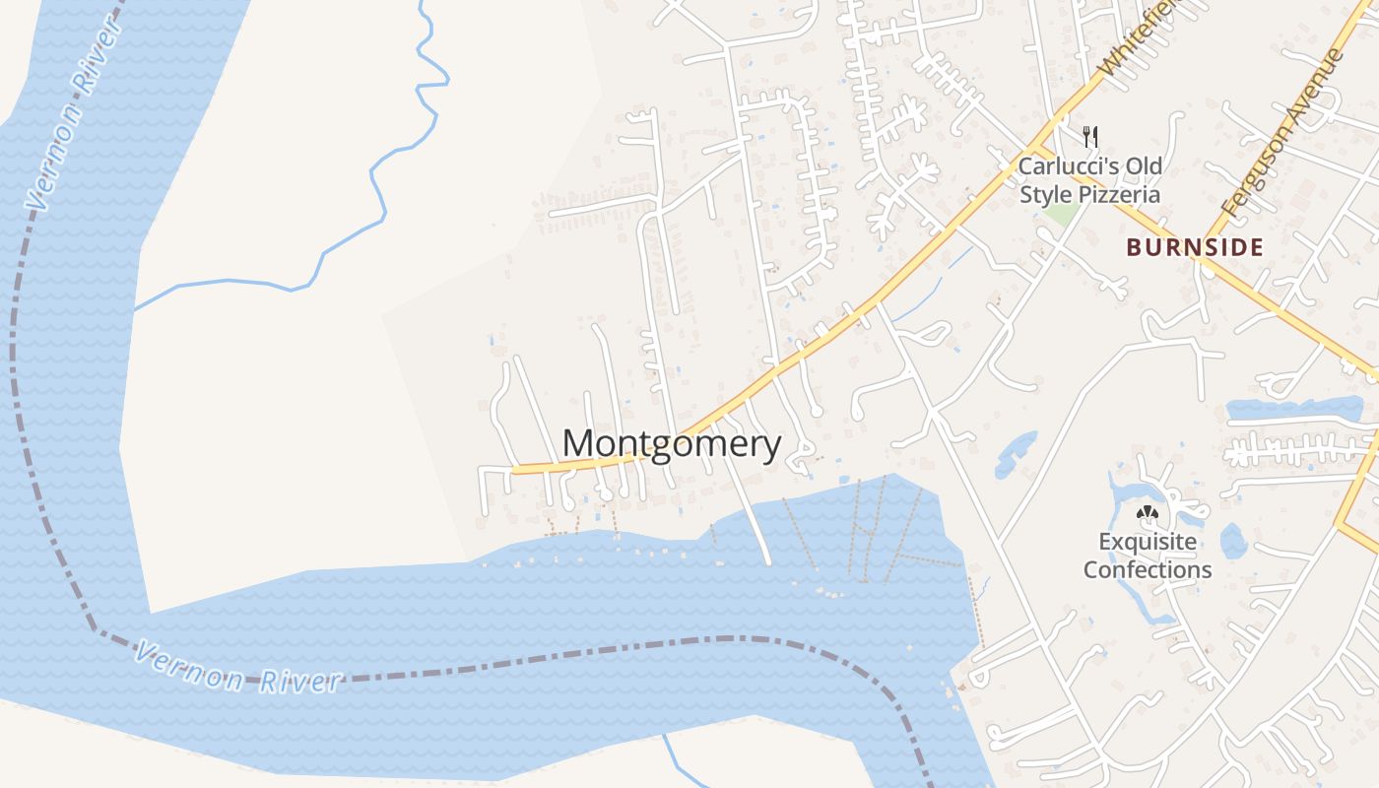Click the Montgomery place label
point(672,444)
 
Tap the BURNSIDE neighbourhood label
point(1195,247)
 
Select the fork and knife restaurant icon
point(1089,136)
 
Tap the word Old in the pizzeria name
point(1146,166)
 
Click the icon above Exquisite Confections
point(1146,512)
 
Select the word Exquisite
point(1148,542)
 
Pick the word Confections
point(1148,569)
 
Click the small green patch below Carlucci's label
point(1060,214)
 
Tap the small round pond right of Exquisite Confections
point(1233,541)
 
